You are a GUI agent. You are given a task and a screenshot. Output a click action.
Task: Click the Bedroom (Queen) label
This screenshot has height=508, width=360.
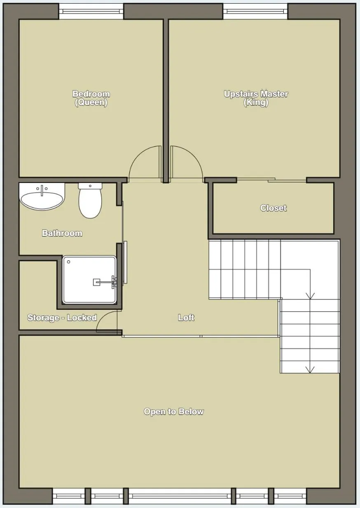click(91, 98)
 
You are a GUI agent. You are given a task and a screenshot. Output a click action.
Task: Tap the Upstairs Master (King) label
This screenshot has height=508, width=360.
click(256, 98)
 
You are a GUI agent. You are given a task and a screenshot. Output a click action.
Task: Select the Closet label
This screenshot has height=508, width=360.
click(273, 208)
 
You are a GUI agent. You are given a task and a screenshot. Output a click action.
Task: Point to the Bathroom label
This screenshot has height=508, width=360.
click(62, 233)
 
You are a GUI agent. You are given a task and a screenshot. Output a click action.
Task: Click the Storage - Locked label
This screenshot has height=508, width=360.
click(62, 318)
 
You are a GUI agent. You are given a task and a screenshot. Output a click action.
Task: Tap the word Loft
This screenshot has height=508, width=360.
click(186, 318)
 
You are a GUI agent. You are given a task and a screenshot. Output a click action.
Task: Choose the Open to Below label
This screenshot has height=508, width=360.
click(173, 412)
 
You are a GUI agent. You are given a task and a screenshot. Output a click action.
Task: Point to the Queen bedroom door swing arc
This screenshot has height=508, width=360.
click(140, 159)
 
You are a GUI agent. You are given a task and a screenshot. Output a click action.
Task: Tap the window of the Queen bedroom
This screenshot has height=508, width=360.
click(91, 11)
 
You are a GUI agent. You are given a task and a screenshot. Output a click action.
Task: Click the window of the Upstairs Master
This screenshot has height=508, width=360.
click(255, 11)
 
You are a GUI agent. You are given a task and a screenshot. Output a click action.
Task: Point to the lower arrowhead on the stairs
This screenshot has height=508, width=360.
click(310, 369)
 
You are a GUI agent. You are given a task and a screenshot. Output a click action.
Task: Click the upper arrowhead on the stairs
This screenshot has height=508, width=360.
click(310, 295)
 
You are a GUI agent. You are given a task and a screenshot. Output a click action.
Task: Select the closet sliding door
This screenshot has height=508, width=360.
click(272, 180)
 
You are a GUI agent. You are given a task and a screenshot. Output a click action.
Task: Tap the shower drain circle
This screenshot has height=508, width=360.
click(69, 262)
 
